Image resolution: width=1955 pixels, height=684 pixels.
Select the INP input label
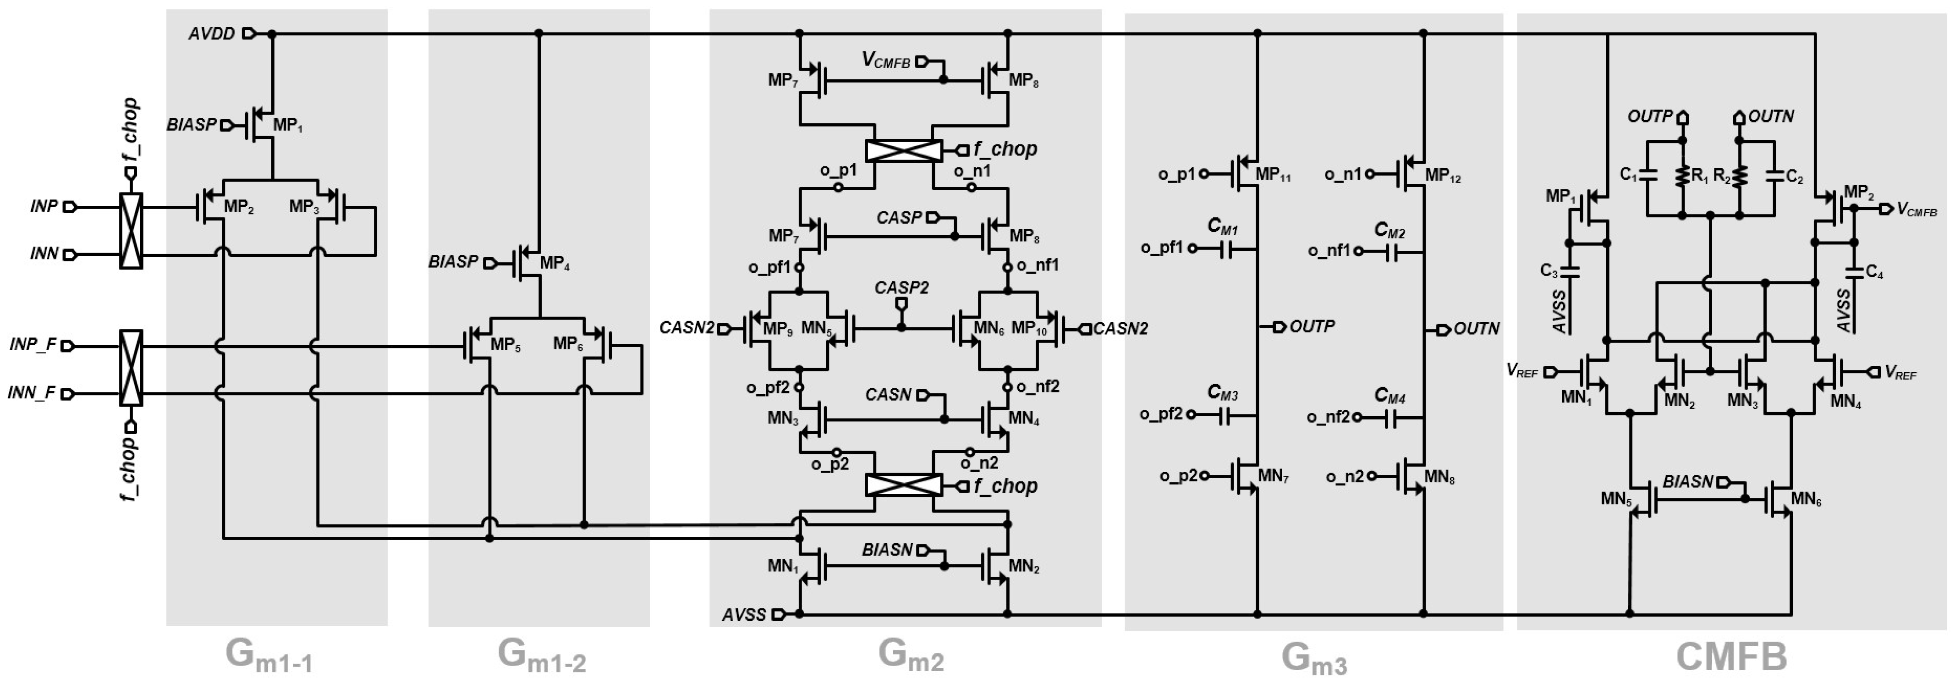[44, 206]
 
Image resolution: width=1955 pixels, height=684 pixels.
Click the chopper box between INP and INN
[131, 231]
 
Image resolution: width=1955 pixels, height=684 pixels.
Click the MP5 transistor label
[505, 345]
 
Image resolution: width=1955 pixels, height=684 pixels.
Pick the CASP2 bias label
[901, 288]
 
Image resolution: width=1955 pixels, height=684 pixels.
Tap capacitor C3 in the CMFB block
[1570, 271]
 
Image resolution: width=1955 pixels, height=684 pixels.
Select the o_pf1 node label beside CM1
[1162, 248]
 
